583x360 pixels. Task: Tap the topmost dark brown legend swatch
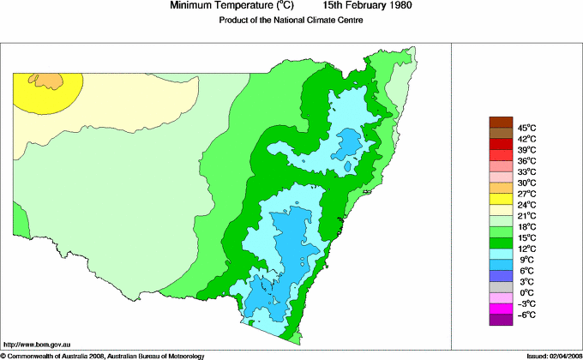[501, 121]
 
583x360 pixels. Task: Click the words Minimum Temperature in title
[220, 6]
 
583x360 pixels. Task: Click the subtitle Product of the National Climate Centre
[292, 21]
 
